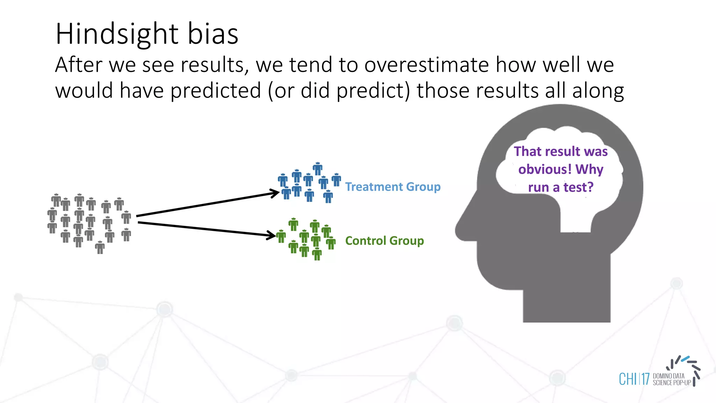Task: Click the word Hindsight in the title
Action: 117,34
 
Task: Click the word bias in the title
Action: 213,34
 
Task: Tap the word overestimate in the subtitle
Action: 427,65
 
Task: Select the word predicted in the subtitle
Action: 216,91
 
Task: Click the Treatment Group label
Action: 393,187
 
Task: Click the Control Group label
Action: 384,241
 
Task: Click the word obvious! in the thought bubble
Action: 545,170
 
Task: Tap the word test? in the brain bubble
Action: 578,188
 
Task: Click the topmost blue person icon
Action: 317,169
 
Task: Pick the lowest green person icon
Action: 317,254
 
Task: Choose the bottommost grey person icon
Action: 100,247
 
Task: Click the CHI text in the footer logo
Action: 628,379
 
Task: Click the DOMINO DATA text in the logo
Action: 668,376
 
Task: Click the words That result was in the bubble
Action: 561,151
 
